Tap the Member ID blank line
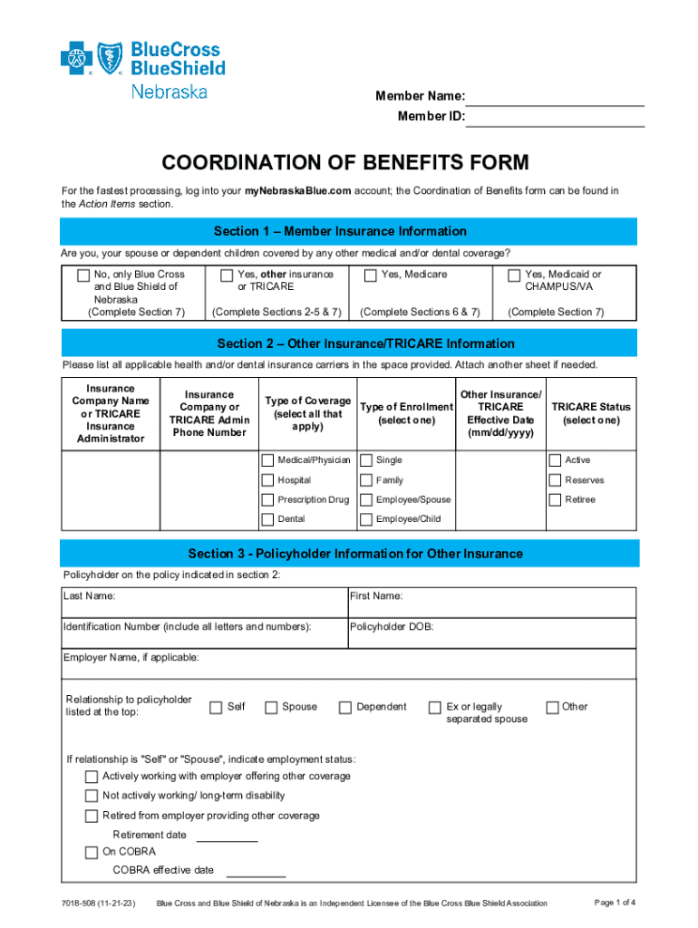pos(555,118)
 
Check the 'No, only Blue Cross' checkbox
pos(83,275)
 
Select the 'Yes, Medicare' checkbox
pos(370,275)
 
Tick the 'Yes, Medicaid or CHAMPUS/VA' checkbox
pos(514,275)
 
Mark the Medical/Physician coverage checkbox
pos(267,460)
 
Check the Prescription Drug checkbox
pos(267,499)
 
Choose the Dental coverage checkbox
pos(267,519)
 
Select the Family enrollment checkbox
pos(366,480)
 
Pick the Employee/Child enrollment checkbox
pos(366,519)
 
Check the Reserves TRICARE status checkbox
pos(555,480)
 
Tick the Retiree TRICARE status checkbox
pos(555,499)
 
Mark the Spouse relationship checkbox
pos(271,708)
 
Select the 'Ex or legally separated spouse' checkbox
pos(434,708)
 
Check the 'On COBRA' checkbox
pos(92,852)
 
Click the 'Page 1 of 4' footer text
pos(614,903)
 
